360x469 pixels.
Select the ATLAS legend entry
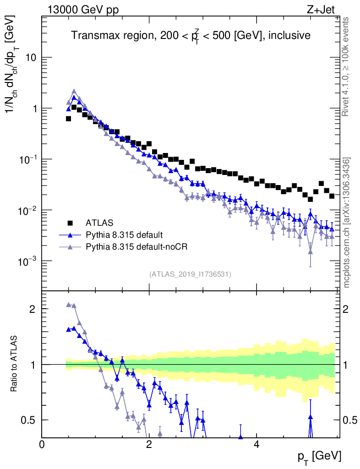pos(99,223)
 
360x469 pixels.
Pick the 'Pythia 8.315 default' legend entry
pos(124,235)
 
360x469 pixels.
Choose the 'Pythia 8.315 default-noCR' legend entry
pos(137,247)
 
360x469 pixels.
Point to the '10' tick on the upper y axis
pos(32,58)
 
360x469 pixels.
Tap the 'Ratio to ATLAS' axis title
pos(16,365)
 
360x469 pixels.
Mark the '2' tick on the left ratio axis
pos(32,309)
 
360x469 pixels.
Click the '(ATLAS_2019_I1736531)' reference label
pos(190,274)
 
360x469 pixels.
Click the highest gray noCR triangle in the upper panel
pos(74,91)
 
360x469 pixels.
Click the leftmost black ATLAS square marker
pos(69,119)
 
